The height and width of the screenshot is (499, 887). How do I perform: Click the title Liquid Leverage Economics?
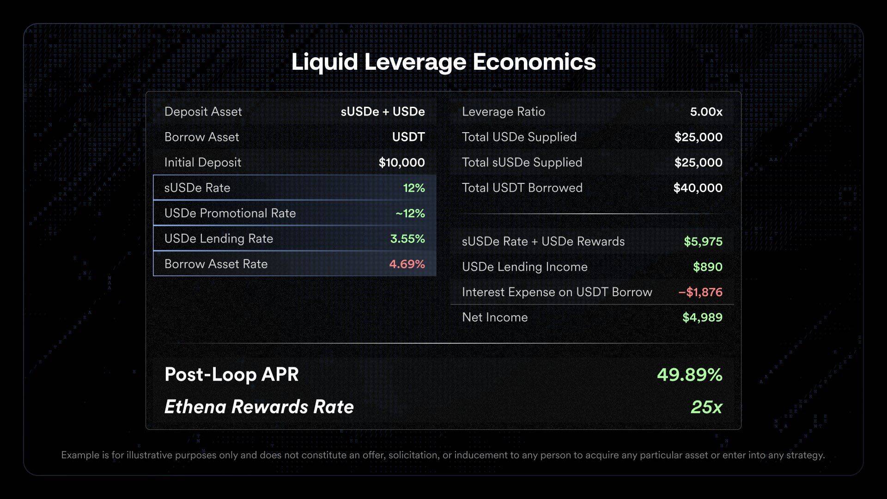(443, 62)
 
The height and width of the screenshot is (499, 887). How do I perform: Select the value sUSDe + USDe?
(383, 112)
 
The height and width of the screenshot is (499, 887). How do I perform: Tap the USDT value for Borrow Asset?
(408, 137)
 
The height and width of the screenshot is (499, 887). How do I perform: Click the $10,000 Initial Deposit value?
(401, 163)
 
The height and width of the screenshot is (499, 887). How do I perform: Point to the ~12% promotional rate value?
(410, 213)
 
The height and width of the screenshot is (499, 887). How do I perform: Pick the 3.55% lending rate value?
(407, 239)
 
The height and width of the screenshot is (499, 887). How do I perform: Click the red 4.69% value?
(407, 264)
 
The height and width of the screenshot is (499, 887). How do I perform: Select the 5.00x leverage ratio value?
(706, 112)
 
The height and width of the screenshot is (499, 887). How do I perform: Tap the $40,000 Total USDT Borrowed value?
(698, 188)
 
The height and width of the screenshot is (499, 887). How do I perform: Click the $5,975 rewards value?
(703, 242)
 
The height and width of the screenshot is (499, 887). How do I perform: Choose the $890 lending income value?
(707, 267)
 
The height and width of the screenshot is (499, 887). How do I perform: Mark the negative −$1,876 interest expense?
(700, 292)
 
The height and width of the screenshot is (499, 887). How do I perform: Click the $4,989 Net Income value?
(702, 317)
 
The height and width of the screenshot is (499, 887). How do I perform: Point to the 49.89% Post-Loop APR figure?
(689, 375)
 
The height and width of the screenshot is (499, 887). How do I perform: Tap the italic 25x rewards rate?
(706, 407)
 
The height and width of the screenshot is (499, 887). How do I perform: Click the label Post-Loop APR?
(231, 375)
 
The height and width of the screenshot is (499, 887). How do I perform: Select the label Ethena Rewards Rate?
(259, 407)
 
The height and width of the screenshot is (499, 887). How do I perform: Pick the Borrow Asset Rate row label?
(216, 264)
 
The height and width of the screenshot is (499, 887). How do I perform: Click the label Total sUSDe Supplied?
(522, 163)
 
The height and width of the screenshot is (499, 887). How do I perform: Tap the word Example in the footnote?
(80, 455)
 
